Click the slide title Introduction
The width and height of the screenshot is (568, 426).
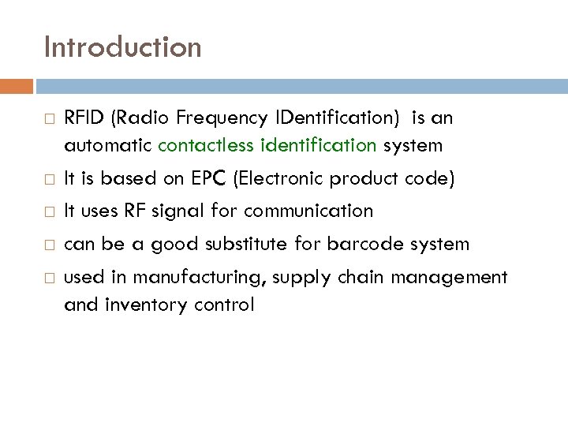point(123,47)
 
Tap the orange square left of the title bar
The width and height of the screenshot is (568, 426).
point(22,85)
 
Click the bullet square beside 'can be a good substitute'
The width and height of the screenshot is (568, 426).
point(49,245)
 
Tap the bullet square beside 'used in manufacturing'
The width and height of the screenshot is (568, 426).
point(49,278)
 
